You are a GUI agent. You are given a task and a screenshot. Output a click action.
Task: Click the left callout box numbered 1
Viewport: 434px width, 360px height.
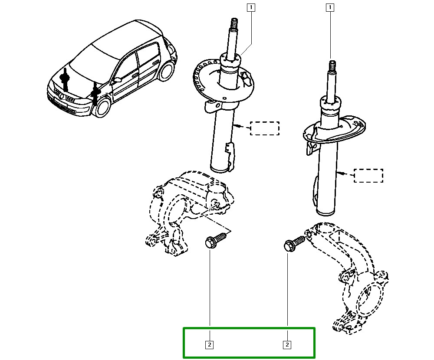click(251, 7)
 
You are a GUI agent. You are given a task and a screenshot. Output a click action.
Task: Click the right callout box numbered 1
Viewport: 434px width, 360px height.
click(330, 7)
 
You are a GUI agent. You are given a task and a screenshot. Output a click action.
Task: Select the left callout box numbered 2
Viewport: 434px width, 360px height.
click(210, 345)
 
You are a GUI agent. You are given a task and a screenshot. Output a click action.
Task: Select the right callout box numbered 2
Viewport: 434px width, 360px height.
click(287, 345)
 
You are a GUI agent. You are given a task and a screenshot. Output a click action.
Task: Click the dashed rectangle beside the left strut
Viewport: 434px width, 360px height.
click(265, 128)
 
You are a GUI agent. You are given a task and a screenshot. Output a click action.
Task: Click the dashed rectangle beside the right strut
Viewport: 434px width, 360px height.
click(368, 175)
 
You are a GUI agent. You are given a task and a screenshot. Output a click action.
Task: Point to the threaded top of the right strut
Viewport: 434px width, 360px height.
click(332, 65)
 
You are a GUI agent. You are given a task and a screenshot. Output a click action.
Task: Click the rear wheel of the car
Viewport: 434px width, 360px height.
click(167, 71)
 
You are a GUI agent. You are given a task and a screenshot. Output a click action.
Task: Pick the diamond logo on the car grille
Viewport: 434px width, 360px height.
click(62, 96)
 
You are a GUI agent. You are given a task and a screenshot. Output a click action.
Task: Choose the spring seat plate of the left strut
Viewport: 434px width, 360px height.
click(224, 81)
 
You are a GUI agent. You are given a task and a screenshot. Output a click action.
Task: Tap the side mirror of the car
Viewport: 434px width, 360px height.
click(117, 80)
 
